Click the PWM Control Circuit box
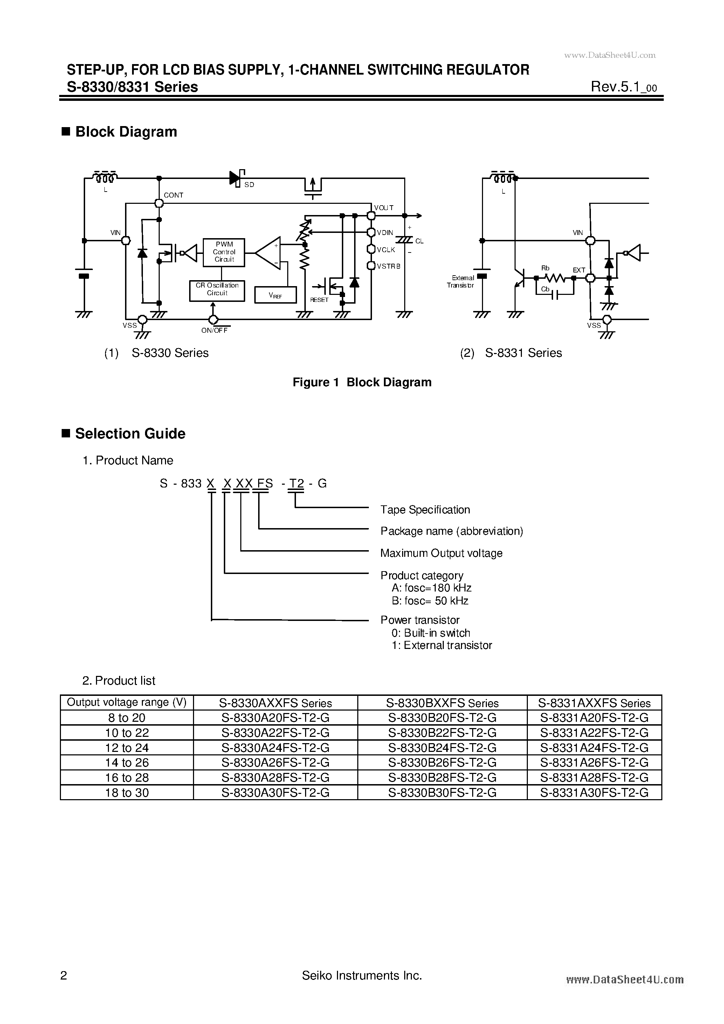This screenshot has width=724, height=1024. (223, 252)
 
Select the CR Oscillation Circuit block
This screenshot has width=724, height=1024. (217, 290)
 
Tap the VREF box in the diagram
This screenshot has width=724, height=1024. (275, 295)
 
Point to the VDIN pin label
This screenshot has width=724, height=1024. (385, 233)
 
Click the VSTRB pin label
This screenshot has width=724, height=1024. (388, 266)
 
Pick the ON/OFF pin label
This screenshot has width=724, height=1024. (215, 331)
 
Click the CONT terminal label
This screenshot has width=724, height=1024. (173, 195)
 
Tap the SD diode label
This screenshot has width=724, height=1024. (249, 185)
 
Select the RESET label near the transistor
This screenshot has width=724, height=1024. (319, 300)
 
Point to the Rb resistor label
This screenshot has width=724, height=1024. (545, 268)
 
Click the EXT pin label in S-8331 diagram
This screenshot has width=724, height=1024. (579, 270)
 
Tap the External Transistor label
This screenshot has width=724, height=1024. (462, 282)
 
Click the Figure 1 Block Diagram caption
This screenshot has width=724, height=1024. (362, 382)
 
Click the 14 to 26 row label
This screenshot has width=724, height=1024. (127, 763)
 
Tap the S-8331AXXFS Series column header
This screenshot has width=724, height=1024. (594, 703)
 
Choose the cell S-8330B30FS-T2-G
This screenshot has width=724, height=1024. (442, 793)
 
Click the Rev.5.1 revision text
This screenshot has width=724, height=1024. (623, 87)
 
